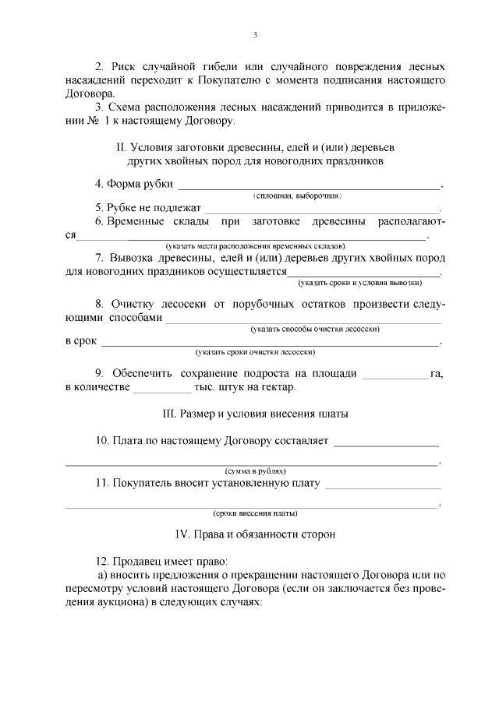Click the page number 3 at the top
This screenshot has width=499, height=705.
click(x=255, y=35)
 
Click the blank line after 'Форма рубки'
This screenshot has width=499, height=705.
click(x=310, y=187)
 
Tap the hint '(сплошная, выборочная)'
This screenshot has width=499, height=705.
click(x=297, y=196)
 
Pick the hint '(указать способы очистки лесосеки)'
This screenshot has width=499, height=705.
click(x=315, y=330)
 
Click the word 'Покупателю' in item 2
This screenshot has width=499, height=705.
click(x=234, y=81)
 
